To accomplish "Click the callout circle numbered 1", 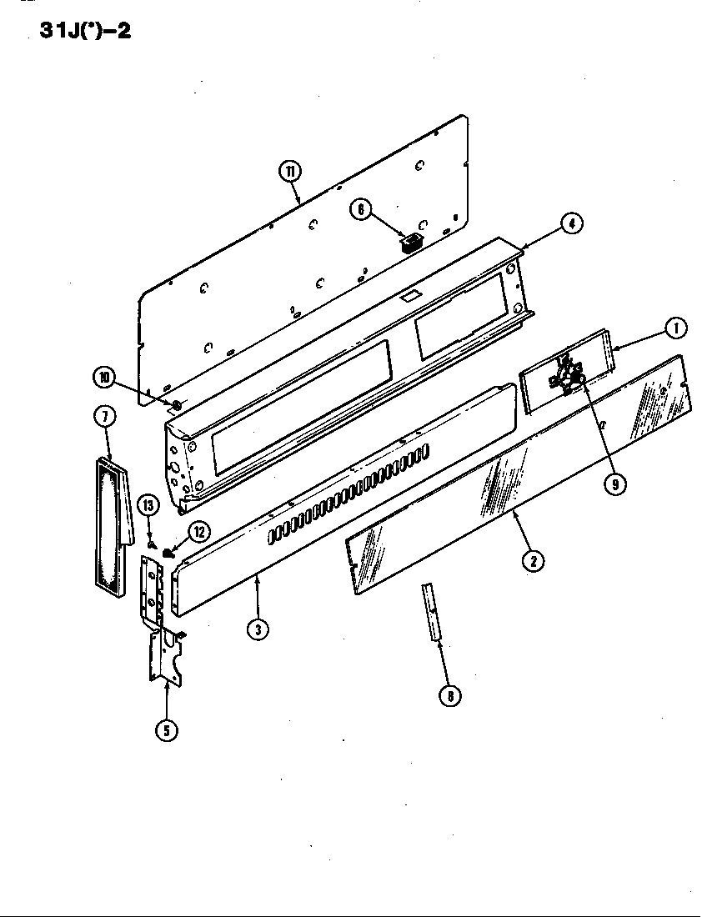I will pyautogui.click(x=675, y=328).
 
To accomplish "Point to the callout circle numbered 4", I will pyautogui.click(x=571, y=223).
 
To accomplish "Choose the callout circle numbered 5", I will pyautogui.click(x=166, y=729).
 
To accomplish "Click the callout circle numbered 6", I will pyautogui.click(x=360, y=209).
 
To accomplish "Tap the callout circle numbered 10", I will pyautogui.click(x=104, y=378).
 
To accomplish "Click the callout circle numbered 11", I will pyautogui.click(x=289, y=173).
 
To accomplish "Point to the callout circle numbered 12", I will pyautogui.click(x=198, y=531).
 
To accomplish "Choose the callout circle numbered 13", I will pyautogui.click(x=148, y=505).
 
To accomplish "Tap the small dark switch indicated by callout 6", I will pyautogui.click(x=409, y=242).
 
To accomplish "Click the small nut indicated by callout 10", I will pyautogui.click(x=177, y=405).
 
